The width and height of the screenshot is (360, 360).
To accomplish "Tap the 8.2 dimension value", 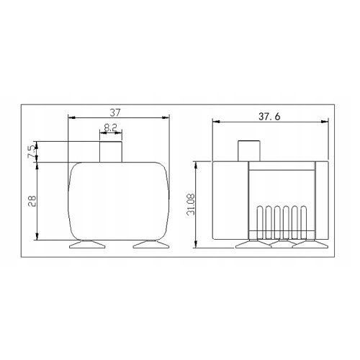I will (111, 127).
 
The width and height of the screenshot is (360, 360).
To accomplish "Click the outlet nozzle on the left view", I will (111, 151).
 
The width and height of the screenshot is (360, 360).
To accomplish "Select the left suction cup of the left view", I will (86, 245).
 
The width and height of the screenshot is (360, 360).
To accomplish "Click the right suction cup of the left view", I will (150, 245).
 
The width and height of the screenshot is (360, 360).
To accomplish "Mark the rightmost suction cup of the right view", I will (307, 245).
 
